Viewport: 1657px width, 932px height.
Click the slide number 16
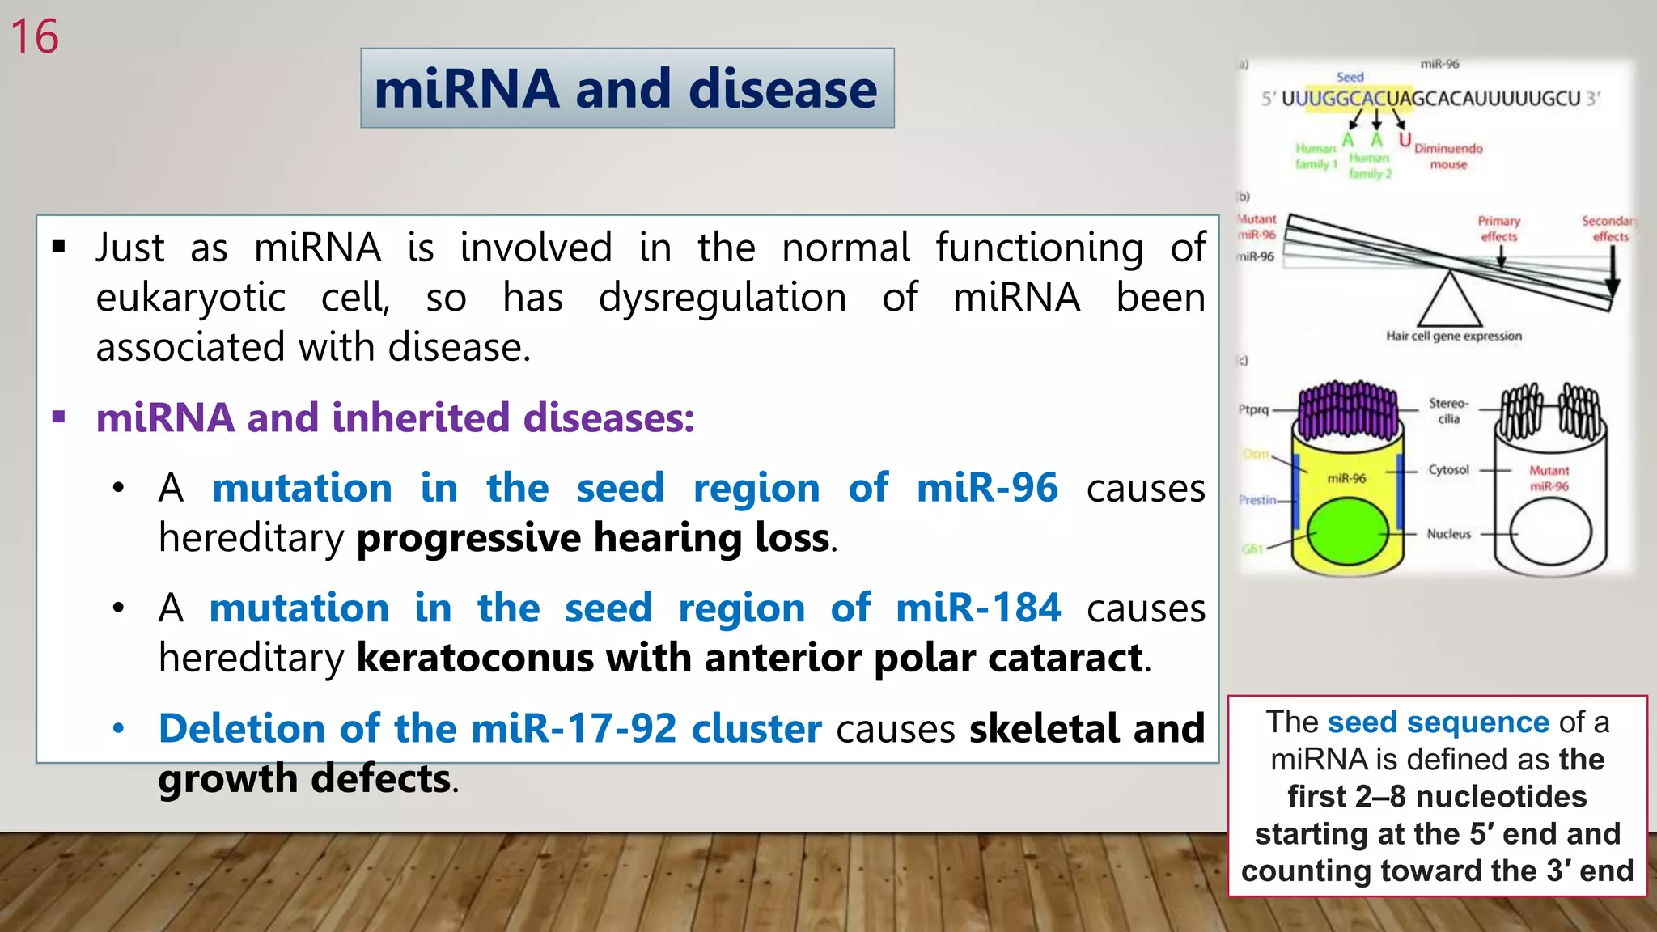35,37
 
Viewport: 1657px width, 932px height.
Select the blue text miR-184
977,608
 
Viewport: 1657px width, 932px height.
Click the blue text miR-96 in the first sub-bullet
986,489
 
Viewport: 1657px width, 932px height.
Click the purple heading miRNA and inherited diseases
395,418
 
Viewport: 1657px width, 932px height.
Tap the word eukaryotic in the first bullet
191,298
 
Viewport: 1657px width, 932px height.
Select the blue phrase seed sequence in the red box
1438,722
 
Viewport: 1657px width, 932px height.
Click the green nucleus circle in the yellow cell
1347,532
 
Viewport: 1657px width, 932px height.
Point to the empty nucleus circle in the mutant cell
1549,532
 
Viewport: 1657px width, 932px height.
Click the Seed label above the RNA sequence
1350,77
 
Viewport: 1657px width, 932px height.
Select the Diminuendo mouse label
1448,156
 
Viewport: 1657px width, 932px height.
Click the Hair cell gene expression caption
1453,336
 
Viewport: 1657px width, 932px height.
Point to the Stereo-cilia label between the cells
1448,410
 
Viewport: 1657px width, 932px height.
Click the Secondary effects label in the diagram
1608,228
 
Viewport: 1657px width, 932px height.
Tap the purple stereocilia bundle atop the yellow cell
1347,409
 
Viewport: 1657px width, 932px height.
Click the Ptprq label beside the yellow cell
1253,409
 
